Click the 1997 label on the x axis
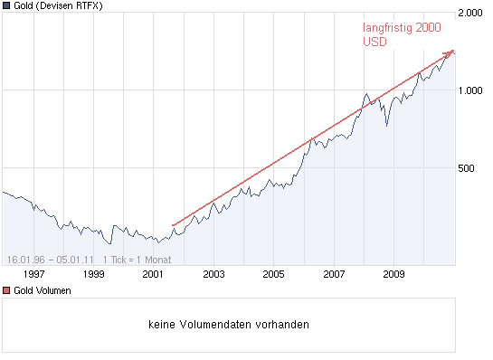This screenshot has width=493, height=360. click(33, 273)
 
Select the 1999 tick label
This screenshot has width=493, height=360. click(93, 273)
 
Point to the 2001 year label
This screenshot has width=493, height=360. click(154, 273)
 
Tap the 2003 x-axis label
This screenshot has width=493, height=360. click(213, 273)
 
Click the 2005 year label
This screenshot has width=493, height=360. click(274, 273)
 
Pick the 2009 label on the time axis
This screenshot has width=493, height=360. click(394, 273)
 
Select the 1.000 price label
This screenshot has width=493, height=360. click(471, 90)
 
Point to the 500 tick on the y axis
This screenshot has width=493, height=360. click(467, 167)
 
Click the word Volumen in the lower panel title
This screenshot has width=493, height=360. click(53, 290)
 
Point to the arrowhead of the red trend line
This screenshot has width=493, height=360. click(451, 53)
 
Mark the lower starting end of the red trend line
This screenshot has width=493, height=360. click(172, 223)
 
